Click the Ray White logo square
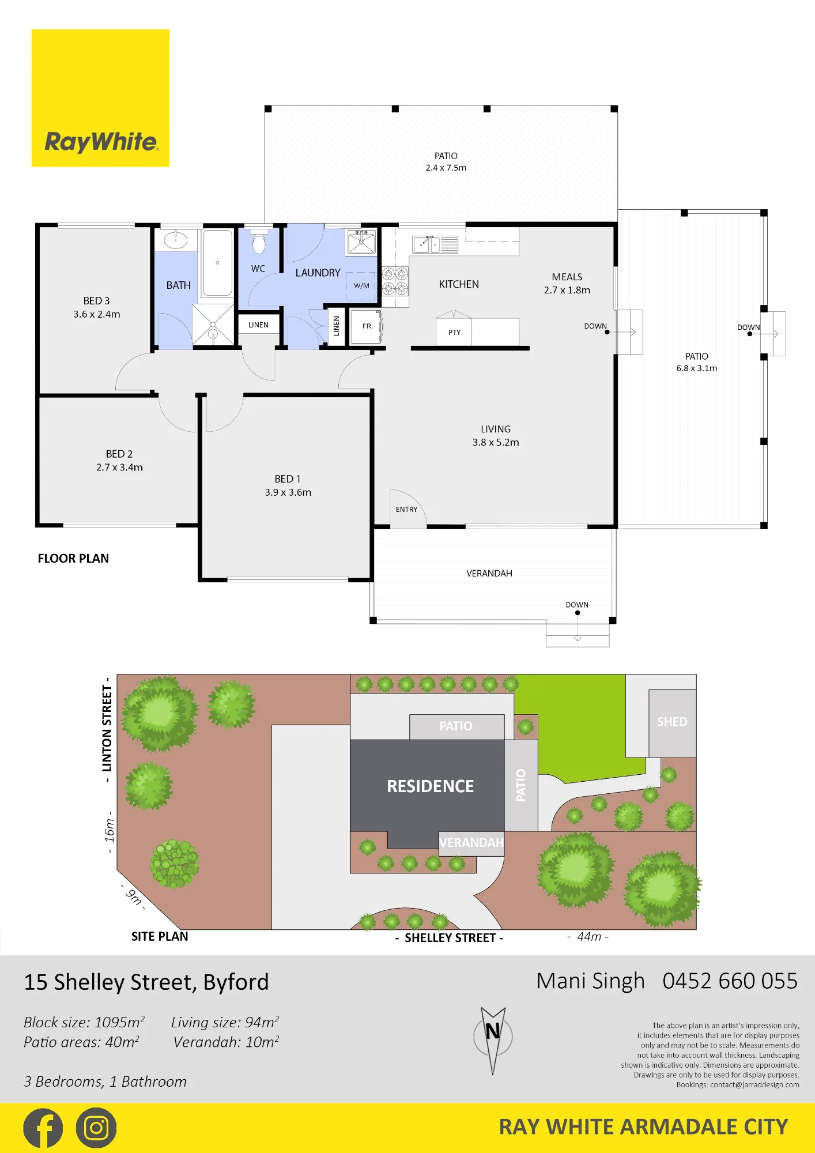tap(100, 98)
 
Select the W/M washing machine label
tap(361, 285)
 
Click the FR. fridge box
tap(366, 327)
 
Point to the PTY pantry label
tap(454, 332)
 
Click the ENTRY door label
tap(406, 510)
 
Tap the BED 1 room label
tap(288, 479)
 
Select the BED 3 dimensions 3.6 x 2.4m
tap(97, 314)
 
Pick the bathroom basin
tap(175, 239)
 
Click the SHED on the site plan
tap(672, 723)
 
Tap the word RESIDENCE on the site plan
tap(431, 786)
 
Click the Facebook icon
tap(43, 1128)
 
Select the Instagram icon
tap(96, 1128)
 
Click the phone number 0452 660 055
tap(730, 981)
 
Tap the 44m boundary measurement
tap(588, 937)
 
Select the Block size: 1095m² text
tap(84, 1023)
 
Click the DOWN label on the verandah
tap(577, 605)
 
